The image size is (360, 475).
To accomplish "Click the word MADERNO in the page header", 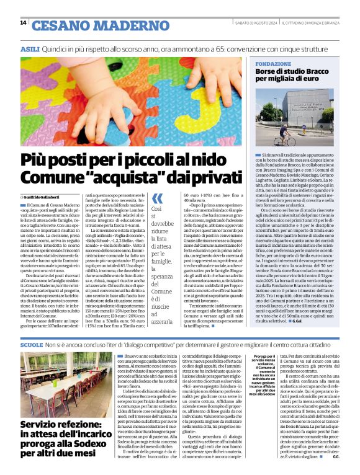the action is (x=110, y=25).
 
